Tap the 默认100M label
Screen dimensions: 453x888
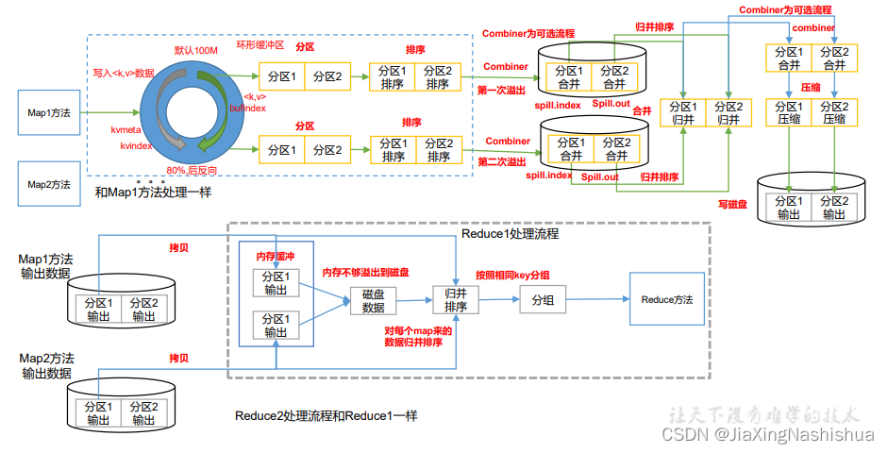click(x=196, y=49)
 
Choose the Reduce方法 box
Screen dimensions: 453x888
click(x=667, y=299)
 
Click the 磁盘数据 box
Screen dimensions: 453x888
click(x=374, y=301)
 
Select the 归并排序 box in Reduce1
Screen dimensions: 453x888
click(x=456, y=300)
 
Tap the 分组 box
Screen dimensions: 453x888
click(x=543, y=299)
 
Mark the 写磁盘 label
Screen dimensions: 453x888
click(x=732, y=203)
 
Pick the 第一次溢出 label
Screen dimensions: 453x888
click(x=503, y=90)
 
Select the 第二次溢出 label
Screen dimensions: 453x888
click(x=502, y=161)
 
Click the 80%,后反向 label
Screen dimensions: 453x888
click(x=192, y=170)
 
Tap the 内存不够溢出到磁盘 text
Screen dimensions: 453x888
click(x=366, y=272)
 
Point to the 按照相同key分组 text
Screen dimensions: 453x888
click(x=512, y=275)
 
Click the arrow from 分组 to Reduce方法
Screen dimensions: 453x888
click(x=597, y=299)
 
